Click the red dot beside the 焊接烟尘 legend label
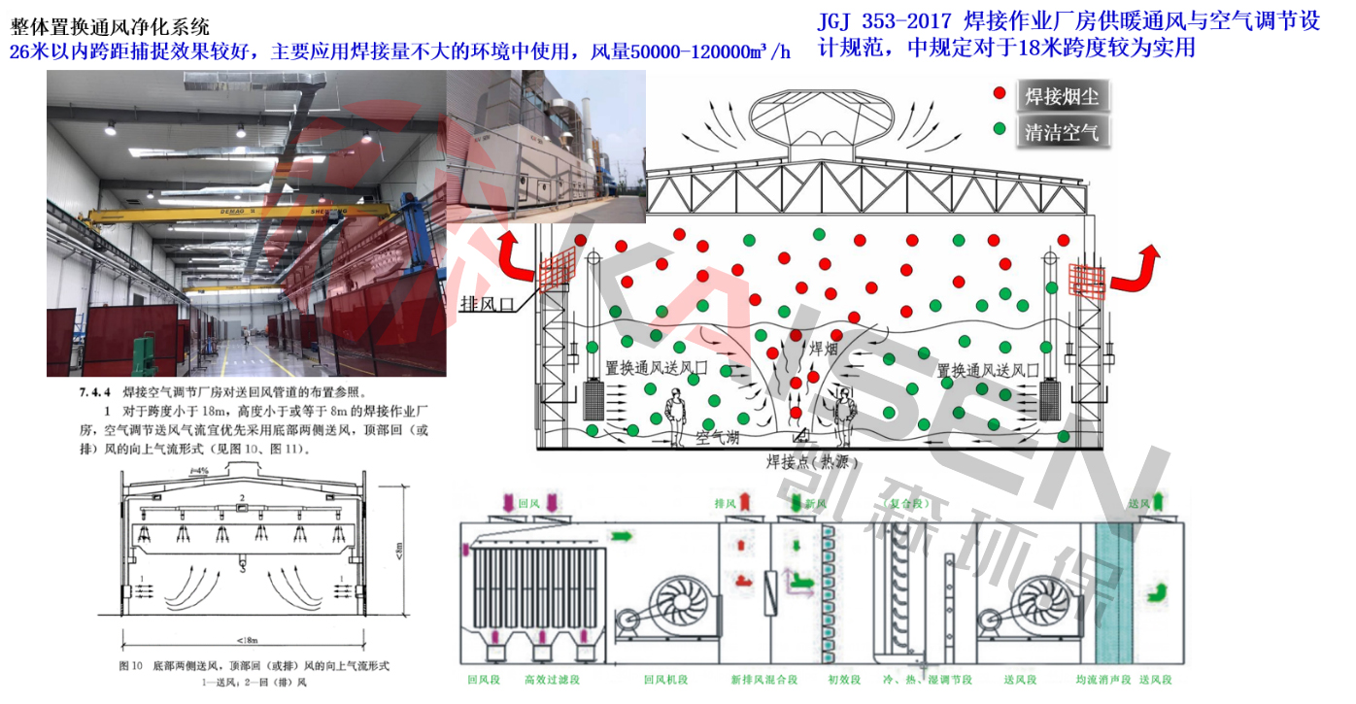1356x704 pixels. [999, 94]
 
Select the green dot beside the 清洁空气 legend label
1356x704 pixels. [999, 129]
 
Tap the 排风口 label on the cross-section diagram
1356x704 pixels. [491, 306]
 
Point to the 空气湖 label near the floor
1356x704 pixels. [717, 438]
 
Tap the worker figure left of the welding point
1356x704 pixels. [674, 416]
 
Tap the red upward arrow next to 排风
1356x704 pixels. [746, 502]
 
